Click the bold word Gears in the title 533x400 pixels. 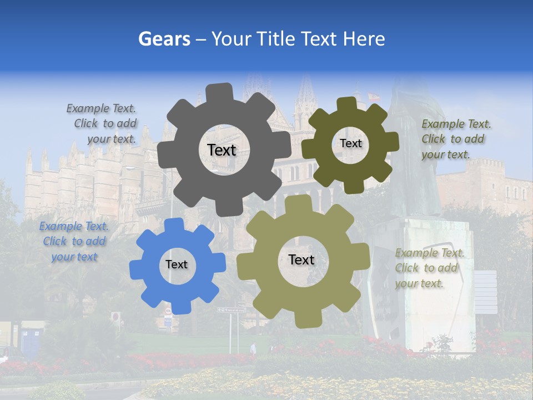164,39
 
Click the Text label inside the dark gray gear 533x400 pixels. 222,150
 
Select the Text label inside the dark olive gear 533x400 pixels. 350,143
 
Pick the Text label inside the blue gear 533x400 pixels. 177,264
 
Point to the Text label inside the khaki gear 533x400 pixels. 301,259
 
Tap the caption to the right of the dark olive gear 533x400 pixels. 455,139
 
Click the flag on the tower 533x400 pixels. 375,96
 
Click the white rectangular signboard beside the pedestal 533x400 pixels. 485,292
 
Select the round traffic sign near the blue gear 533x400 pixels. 115,317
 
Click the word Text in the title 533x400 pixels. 319,39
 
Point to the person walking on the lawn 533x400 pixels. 253,348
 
